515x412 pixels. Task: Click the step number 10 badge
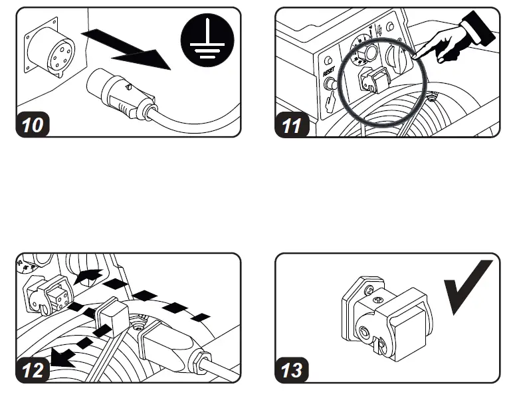(31, 125)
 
